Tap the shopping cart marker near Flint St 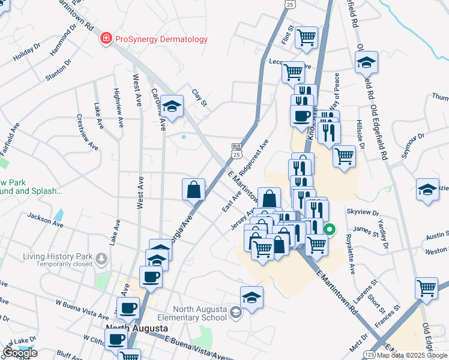[x=307, y=37]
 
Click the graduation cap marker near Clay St [x=173, y=107]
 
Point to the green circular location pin [x=330, y=229]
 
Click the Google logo [x=20, y=353]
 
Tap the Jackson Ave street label [x=45, y=218]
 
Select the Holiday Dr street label [x=26, y=53]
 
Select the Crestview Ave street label [x=87, y=132]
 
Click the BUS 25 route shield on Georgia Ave [x=237, y=151]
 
